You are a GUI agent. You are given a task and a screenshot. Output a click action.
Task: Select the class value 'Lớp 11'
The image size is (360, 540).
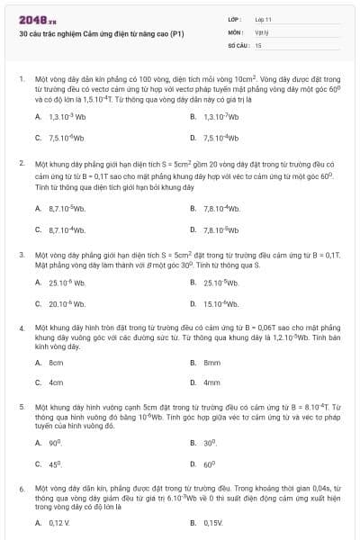pyautogui.click(x=263, y=18)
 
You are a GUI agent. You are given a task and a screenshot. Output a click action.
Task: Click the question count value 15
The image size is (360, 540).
pyautogui.click(x=258, y=44)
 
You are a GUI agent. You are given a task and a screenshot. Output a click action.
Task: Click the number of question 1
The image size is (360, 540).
pyautogui.click(x=21, y=79)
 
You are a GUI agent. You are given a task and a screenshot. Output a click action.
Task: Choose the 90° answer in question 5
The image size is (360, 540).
pyautogui.click(x=55, y=444)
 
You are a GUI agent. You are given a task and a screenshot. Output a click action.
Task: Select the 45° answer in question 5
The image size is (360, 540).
pyautogui.click(x=55, y=464)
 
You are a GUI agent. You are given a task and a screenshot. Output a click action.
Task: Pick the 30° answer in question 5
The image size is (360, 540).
pyautogui.click(x=211, y=444)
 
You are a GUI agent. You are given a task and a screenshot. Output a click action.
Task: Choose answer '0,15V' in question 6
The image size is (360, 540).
pyautogui.click(x=213, y=522)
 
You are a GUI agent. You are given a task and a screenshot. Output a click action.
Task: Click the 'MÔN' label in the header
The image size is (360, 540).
pyautogui.click(x=236, y=31)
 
